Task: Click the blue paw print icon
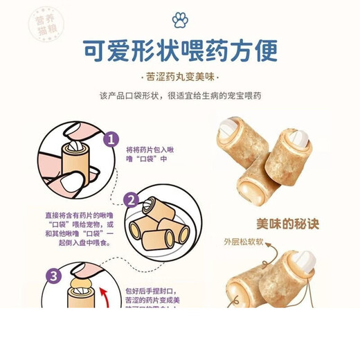pos(180,19)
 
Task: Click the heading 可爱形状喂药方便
pos(179,51)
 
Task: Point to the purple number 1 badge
pos(109,139)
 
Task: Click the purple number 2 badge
pos(132,201)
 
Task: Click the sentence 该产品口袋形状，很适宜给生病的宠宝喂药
pos(180,96)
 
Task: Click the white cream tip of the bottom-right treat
pos(303,261)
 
